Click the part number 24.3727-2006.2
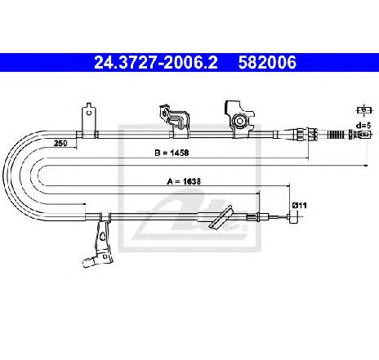tap(156, 62)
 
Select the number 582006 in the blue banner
tap(267, 62)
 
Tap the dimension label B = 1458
tap(172, 153)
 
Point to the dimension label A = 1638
tap(184, 181)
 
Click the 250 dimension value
tap(60, 143)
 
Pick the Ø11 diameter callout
tap(299, 205)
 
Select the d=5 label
tap(363, 126)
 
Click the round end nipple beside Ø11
tap(293, 217)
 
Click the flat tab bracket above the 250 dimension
tap(89, 120)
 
